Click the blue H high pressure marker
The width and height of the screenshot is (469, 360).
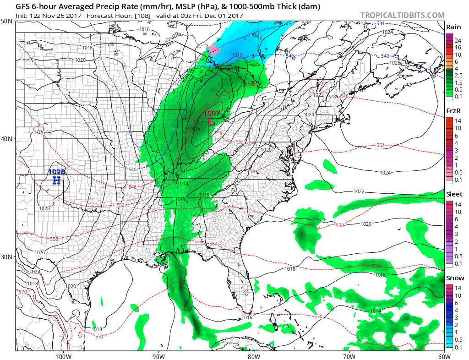point(56,180)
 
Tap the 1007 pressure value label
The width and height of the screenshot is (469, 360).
point(212,113)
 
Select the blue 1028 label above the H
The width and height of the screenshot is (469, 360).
point(57,172)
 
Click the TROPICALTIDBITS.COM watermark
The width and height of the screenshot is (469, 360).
point(402,15)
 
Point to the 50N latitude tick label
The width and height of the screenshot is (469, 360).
point(7,22)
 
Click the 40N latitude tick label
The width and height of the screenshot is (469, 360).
point(7,139)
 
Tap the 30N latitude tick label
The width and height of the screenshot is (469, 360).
point(7,256)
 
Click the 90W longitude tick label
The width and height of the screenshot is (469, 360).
point(158,356)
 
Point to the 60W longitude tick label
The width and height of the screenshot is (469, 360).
point(443,356)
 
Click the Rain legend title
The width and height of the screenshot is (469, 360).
point(453,27)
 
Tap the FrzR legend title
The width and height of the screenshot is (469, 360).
point(453,111)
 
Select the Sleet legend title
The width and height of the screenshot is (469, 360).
point(454,194)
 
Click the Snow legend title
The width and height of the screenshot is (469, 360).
point(455,278)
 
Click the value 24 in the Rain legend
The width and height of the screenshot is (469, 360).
point(458,40)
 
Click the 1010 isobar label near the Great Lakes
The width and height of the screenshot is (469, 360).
point(237,55)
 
